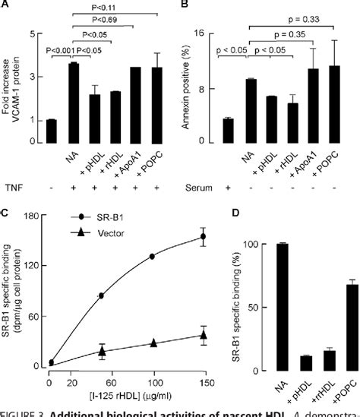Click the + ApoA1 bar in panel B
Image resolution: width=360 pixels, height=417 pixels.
tap(311, 106)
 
